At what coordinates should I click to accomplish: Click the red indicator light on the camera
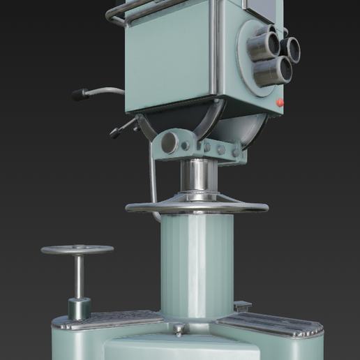pos(280,103)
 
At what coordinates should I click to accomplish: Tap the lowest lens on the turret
pos(272,70)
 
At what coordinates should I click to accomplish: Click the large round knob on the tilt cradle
pos(169,143)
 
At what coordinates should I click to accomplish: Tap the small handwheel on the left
pos(77,250)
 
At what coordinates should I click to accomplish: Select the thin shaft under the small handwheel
pos(80,276)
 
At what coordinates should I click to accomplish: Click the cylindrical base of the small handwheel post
pos(79,308)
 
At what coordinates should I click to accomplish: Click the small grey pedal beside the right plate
pos(242,306)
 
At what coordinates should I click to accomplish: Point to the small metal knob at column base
pos(179,329)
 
